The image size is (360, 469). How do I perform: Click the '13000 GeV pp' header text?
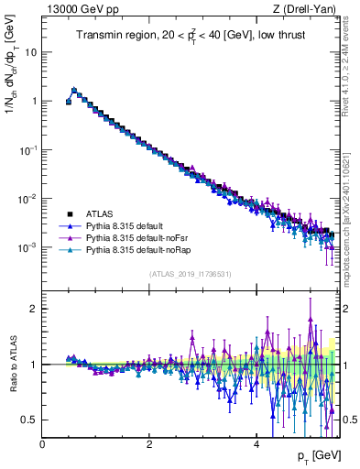(x=80, y=9)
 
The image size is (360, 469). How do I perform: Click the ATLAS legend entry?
(x=100, y=215)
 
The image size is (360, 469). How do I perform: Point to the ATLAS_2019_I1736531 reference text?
(x=190, y=274)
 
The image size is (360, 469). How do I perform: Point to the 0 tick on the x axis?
(x=42, y=444)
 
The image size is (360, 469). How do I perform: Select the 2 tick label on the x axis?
(x=149, y=444)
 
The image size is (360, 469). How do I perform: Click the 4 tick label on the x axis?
(x=256, y=444)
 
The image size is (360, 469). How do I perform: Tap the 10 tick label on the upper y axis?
(x=29, y=52)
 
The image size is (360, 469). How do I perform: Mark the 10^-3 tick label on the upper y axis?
(x=27, y=247)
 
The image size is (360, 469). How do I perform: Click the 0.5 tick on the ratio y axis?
(x=29, y=420)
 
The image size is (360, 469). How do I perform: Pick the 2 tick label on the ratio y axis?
(x=34, y=309)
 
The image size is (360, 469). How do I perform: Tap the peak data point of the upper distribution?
(x=74, y=91)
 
